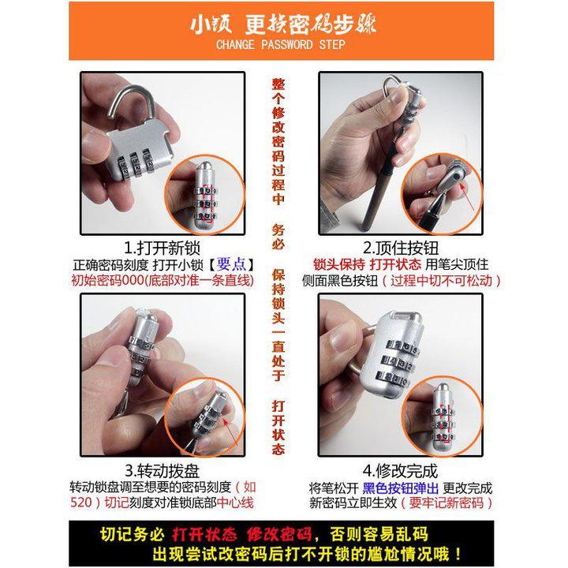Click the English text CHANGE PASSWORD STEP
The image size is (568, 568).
click(280, 45)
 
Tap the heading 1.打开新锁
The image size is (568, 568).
click(162, 248)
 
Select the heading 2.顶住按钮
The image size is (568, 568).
click(401, 248)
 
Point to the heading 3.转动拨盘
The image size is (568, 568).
click(162, 471)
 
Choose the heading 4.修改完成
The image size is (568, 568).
click(400, 471)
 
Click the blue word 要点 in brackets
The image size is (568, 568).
click(231, 264)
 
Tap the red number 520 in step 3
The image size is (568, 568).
click(80, 503)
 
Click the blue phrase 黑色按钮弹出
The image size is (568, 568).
click(400, 488)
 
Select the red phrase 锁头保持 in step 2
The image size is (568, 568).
click(339, 264)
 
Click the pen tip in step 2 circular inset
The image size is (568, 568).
click(439, 199)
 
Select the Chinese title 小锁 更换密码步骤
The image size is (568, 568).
click(283, 24)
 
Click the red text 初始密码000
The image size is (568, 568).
click(107, 280)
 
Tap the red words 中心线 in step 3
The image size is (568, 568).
click(235, 503)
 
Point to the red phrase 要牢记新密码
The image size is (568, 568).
click(447, 503)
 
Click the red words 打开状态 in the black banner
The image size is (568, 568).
click(204, 534)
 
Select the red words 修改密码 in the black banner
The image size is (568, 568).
click(279, 534)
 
